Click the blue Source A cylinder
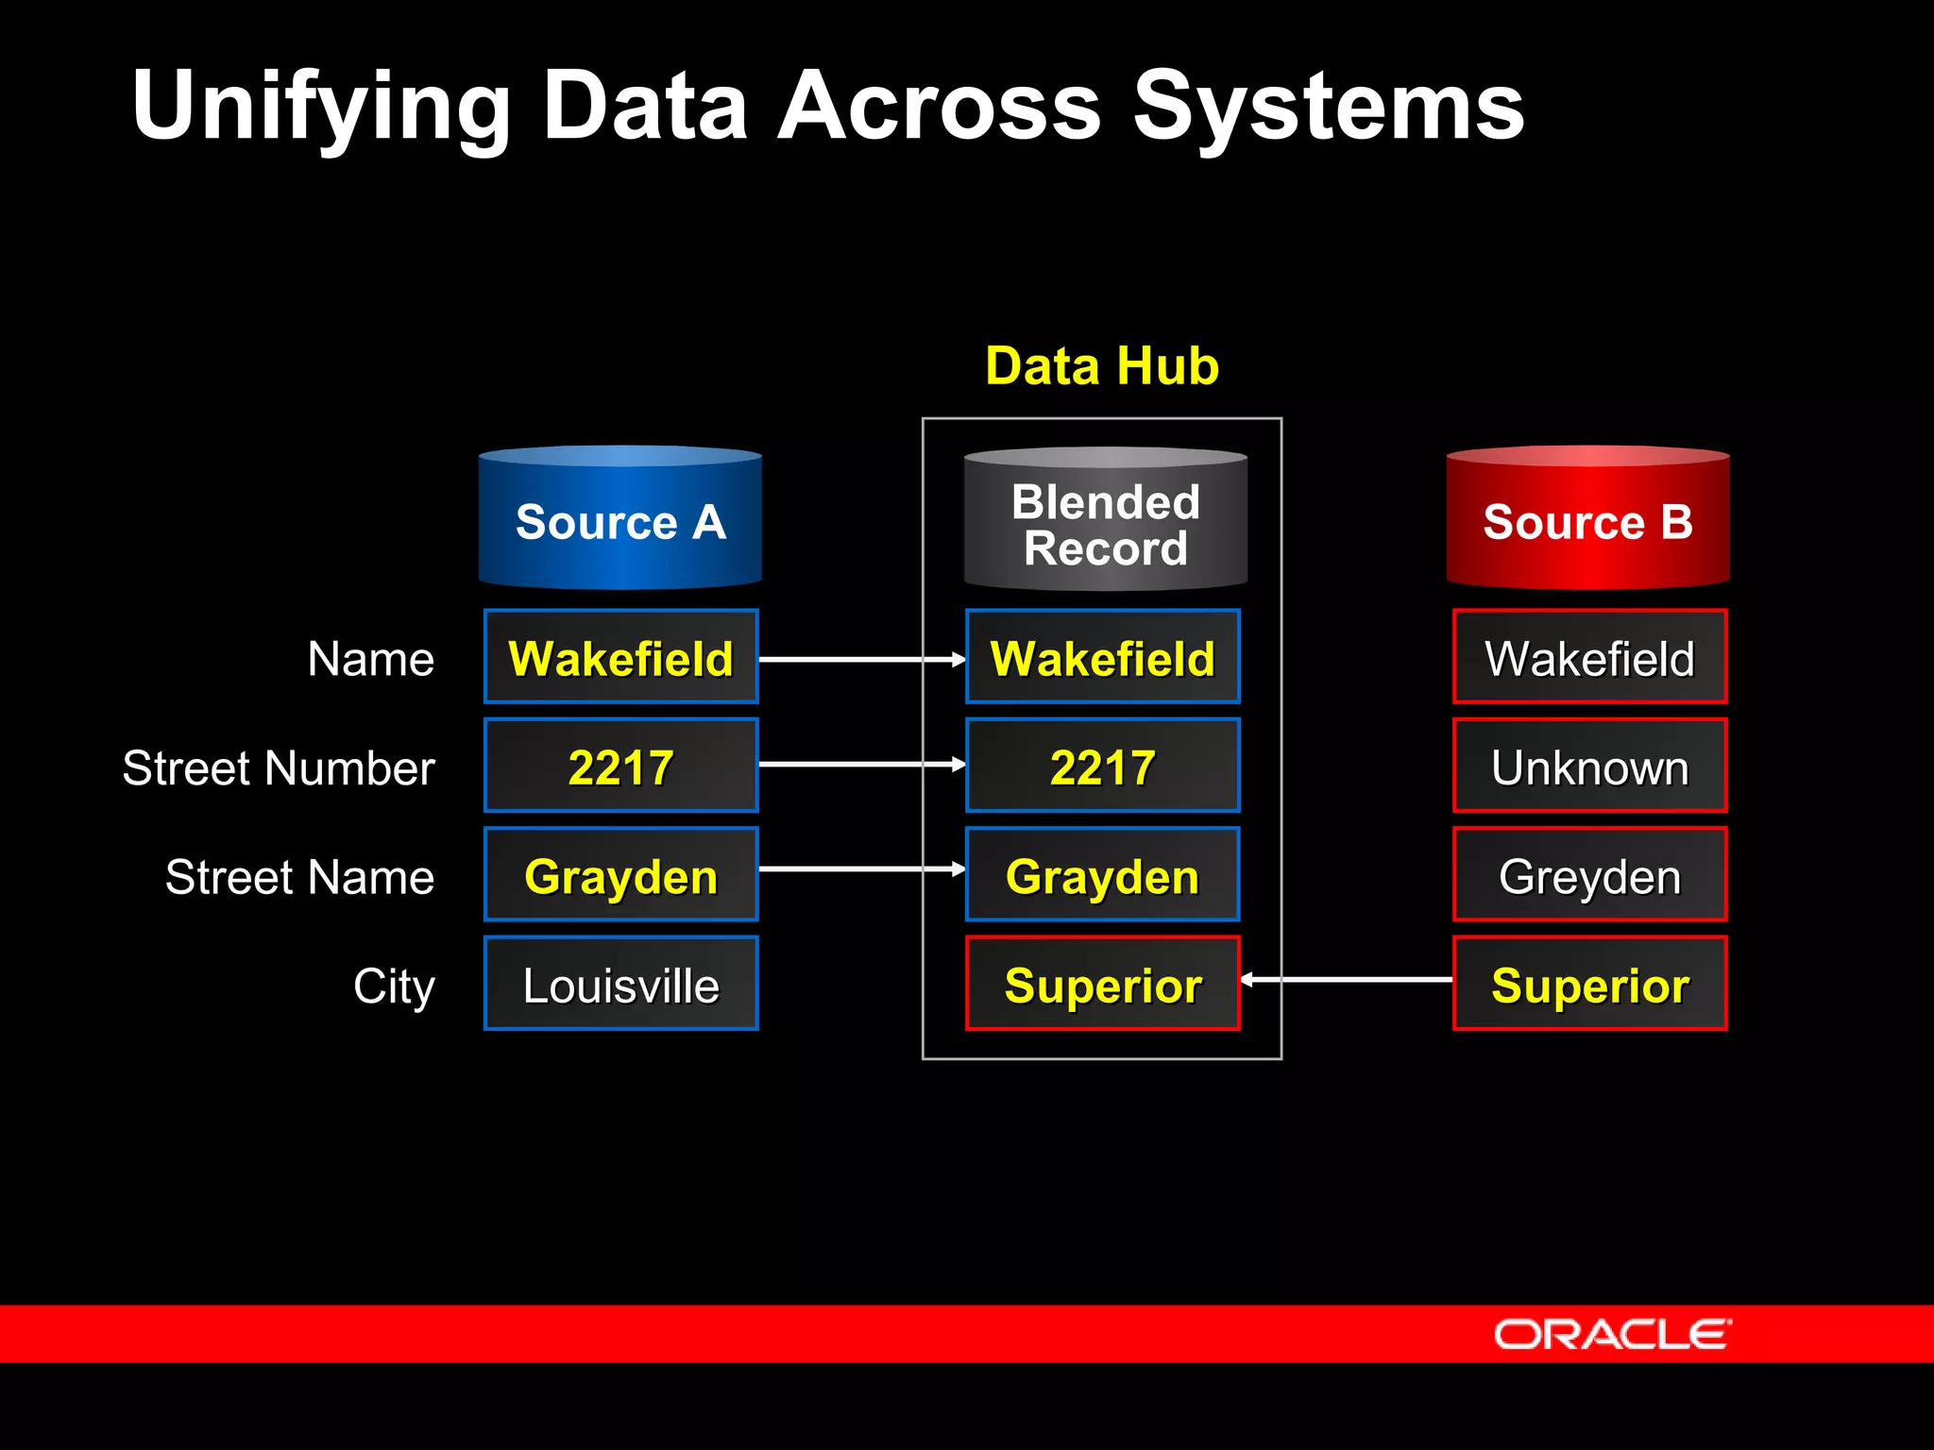click(x=619, y=519)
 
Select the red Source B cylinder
click(x=1587, y=519)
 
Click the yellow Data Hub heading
click(x=1101, y=366)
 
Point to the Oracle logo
click(x=1611, y=1334)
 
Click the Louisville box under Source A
click(x=620, y=984)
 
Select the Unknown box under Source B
click(x=1589, y=766)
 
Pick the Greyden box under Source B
click(x=1589, y=875)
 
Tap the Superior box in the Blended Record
click(x=1102, y=984)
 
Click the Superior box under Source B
click(x=1589, y=984)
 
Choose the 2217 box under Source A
click(x=620, y=766)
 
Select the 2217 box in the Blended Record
click(x=1102, y=766)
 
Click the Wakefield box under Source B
click(x=1589, y=657)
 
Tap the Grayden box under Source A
click(x=620, y=875)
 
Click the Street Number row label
click(x=279, y=767)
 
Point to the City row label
click(x=394, y=986)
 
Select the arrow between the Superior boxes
click(x=1347, y=980)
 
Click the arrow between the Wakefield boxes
click(x=861, y=659)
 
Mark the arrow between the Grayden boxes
click(x=861, y=868)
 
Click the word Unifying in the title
click(x=321, y=106)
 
